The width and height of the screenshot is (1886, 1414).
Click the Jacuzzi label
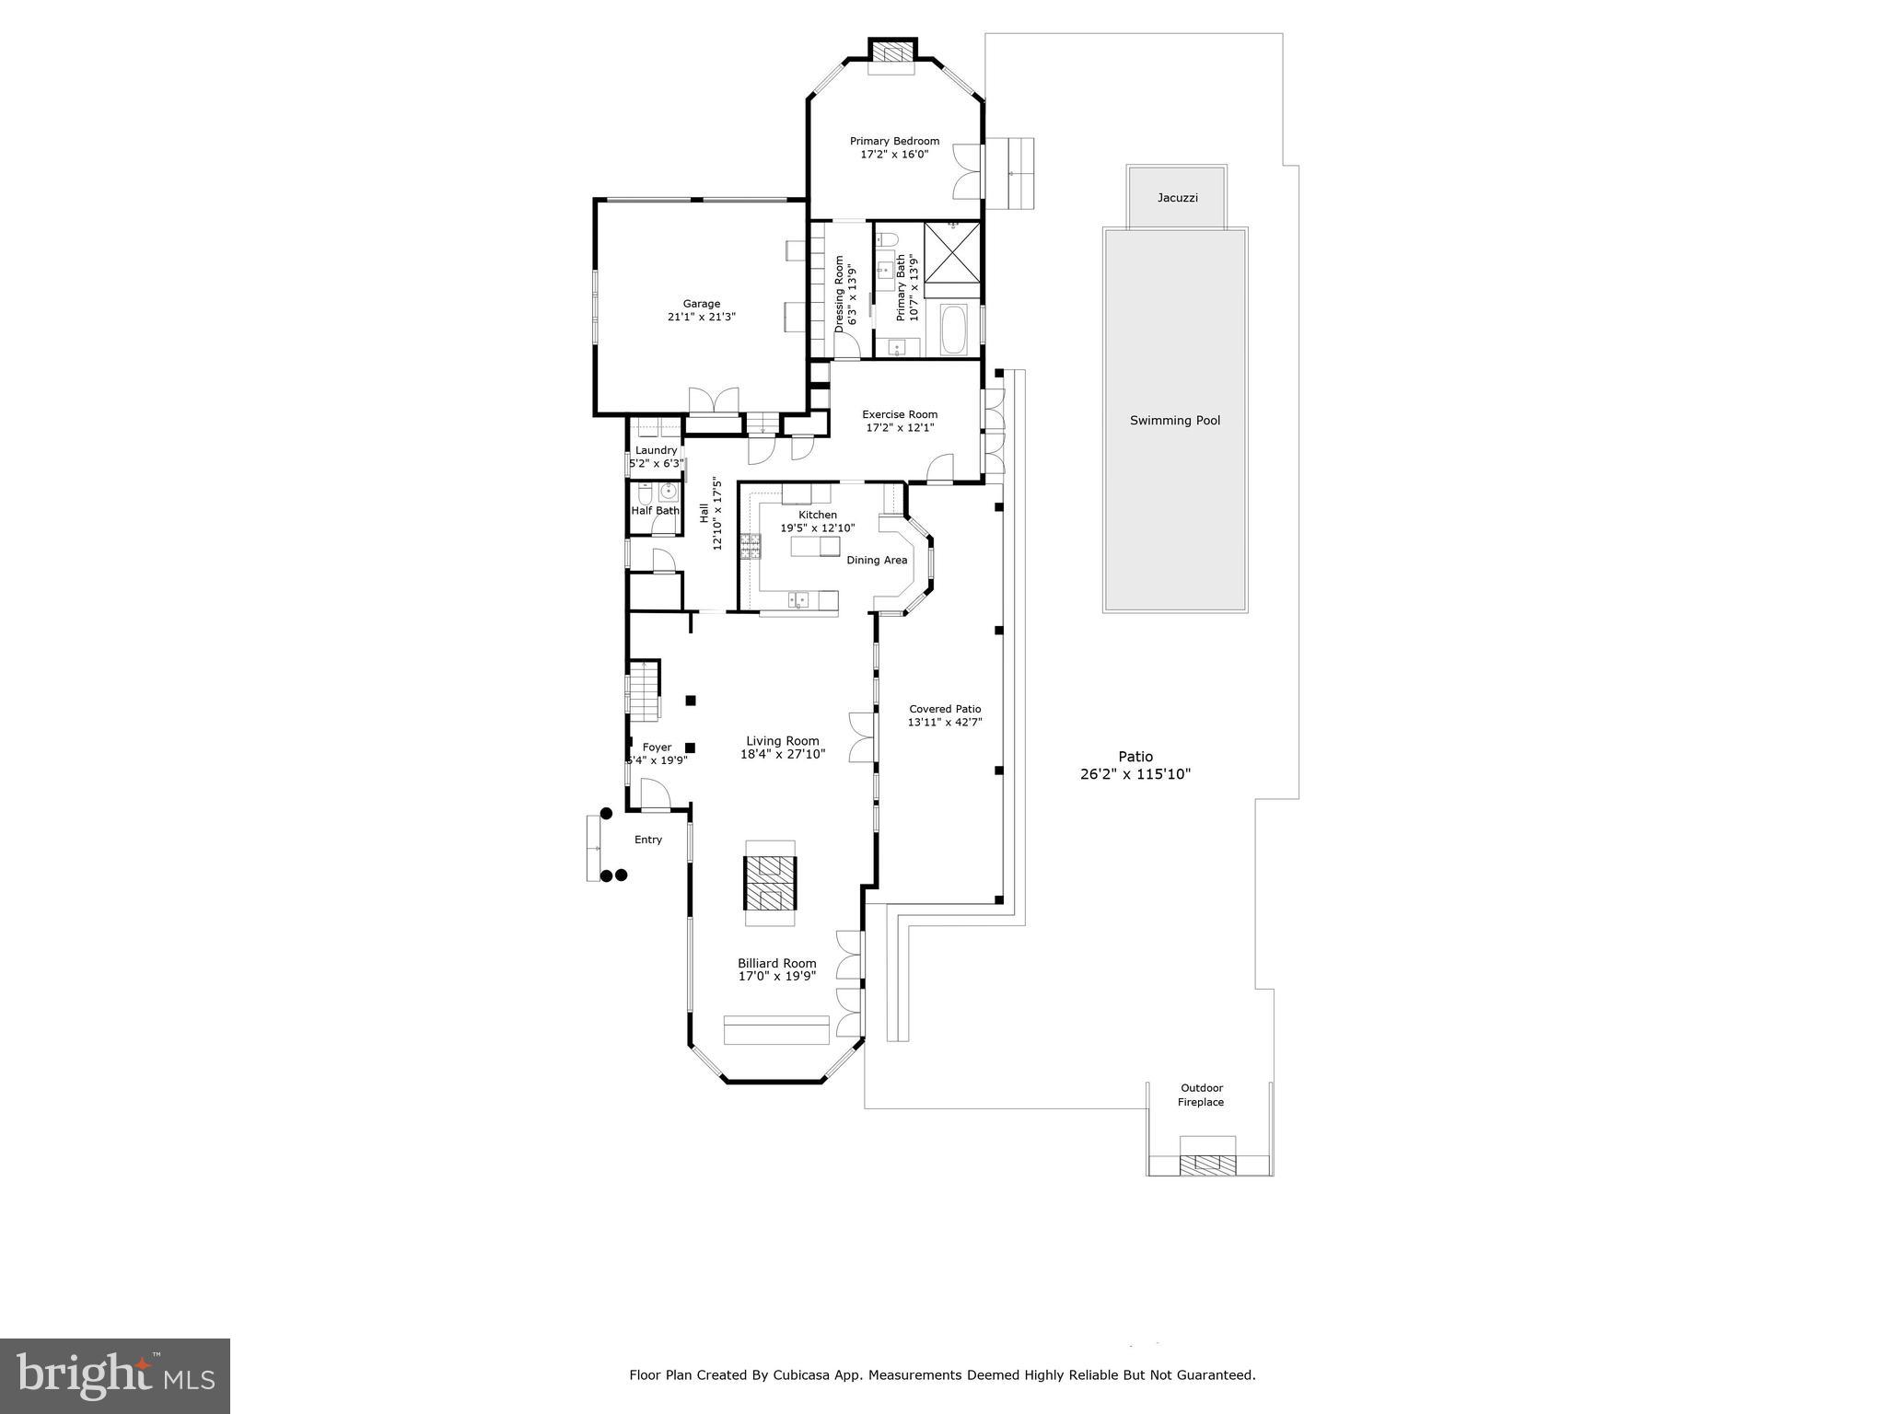[x=1177, y=198]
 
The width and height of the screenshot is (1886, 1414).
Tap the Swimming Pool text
[x=1175, y=421]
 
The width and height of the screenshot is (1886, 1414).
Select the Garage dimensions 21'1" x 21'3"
[x=701, y=317]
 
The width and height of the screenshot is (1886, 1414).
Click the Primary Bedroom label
[x=894, y=141]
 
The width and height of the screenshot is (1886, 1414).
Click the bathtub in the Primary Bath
[x=954, y=331]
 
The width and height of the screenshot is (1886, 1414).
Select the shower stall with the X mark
[x=952, y=253]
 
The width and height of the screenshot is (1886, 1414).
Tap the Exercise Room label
[x=900, y=414]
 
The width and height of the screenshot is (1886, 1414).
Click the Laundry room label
[x=656, y=450]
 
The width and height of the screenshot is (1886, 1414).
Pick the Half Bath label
[x=655, y=511]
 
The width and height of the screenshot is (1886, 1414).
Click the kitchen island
[x=815, y=547]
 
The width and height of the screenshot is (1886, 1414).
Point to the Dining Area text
[x=877, y=560]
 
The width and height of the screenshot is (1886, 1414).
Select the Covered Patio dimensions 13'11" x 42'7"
[x=945, y=723]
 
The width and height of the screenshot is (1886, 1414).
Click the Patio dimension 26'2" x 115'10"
[x=1135, y=774]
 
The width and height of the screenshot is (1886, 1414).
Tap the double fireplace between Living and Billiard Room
[x=770, y=883]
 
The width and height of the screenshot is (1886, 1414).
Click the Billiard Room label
[x=776, y=963]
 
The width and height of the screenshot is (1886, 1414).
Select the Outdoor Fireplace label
[x=1201, y=1095]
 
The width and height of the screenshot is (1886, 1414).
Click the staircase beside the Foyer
[x=644, y=690]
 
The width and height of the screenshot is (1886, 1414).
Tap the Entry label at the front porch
[x=648, y=840]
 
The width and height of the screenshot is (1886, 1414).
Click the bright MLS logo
[x=115, y=1375]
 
